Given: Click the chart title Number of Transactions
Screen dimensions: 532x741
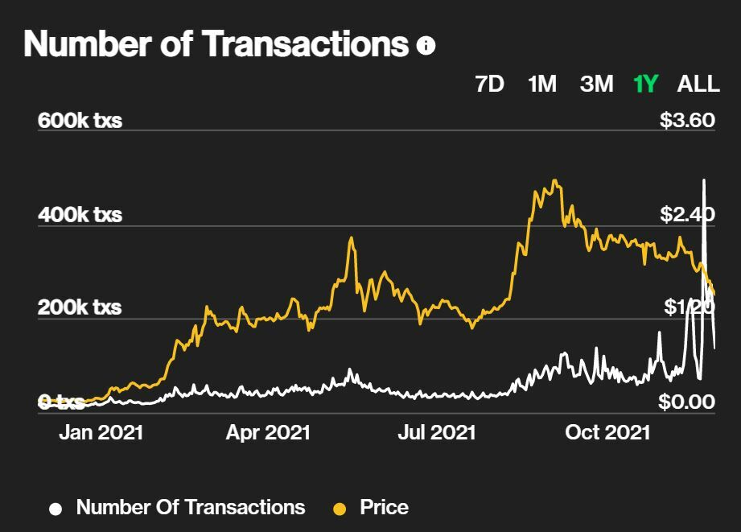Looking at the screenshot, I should [x=216, y=44].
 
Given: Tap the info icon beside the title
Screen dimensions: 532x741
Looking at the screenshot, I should [x=426, y=46].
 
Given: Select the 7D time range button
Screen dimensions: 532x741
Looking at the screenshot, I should [x=490, y=84].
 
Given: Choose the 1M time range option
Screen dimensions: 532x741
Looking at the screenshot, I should [x=542, y=84].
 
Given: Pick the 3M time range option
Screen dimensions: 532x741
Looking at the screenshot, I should [x=596, y=84].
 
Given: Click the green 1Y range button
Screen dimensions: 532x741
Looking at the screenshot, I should [x=646, y=84].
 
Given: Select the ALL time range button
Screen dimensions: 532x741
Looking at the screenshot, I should [x=698, y=84].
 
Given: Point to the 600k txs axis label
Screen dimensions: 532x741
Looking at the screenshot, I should [x=80, y=121].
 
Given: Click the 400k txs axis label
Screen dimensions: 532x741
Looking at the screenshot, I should [x=80, y=215].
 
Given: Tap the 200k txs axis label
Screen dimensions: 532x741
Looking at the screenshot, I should [x=80, y=307].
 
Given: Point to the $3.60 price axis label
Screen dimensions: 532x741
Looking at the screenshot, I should [x=687, y=121].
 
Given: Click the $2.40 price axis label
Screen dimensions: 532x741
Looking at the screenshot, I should [x=687, y=215].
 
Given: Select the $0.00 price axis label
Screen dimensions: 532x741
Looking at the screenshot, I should [x=687, y=402].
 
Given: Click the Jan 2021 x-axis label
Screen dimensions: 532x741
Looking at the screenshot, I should [x=101, y=432].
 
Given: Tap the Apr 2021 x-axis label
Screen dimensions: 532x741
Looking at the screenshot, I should [x=268, y=432].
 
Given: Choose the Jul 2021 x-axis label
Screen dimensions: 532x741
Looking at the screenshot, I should [x=437, y=432].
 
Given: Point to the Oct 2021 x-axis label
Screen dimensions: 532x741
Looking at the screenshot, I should [x=607, y=432].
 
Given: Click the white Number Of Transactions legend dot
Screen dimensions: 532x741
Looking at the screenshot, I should [x=56, y=509].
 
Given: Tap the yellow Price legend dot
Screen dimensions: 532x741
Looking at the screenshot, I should [x=340, y=509].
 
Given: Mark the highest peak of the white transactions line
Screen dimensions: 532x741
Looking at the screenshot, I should [x=704, y=180].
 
